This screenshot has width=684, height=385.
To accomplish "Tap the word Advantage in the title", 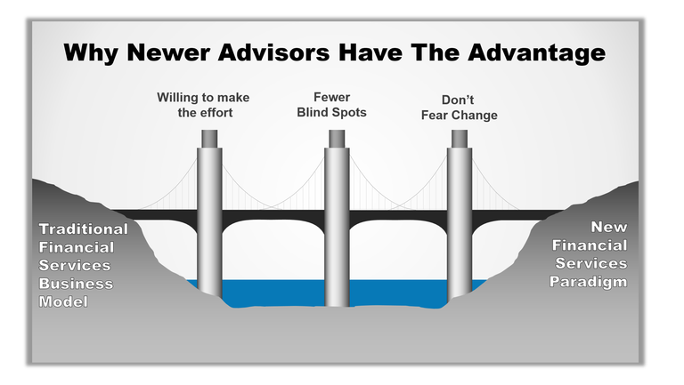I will (x=533, y=52).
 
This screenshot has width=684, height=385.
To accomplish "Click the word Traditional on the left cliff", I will (x=84, y=229).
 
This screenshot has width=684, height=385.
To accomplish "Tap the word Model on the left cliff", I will (x=64, y=302).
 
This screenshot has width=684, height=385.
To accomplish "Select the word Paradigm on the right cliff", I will (x=591, y=282).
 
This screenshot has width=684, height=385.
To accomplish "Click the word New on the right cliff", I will (x=610, y=227).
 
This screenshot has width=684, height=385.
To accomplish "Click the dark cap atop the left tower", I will (x=209, y=139).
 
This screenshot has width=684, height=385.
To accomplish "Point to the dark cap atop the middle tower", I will (x=337, y=139).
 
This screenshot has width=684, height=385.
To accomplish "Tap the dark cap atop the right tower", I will (x=460, y=139).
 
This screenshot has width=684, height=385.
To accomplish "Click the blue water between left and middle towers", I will (x=273, y=292).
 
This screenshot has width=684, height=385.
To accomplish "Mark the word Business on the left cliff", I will (x=76, y=284).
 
